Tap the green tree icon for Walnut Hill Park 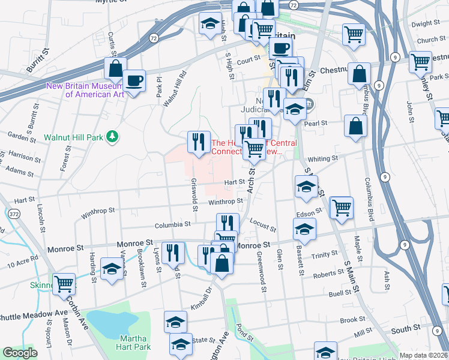(111, 137)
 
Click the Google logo (20, 353)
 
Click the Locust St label (263, 225)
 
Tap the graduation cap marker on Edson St (304, 229)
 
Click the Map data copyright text (423, 355)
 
